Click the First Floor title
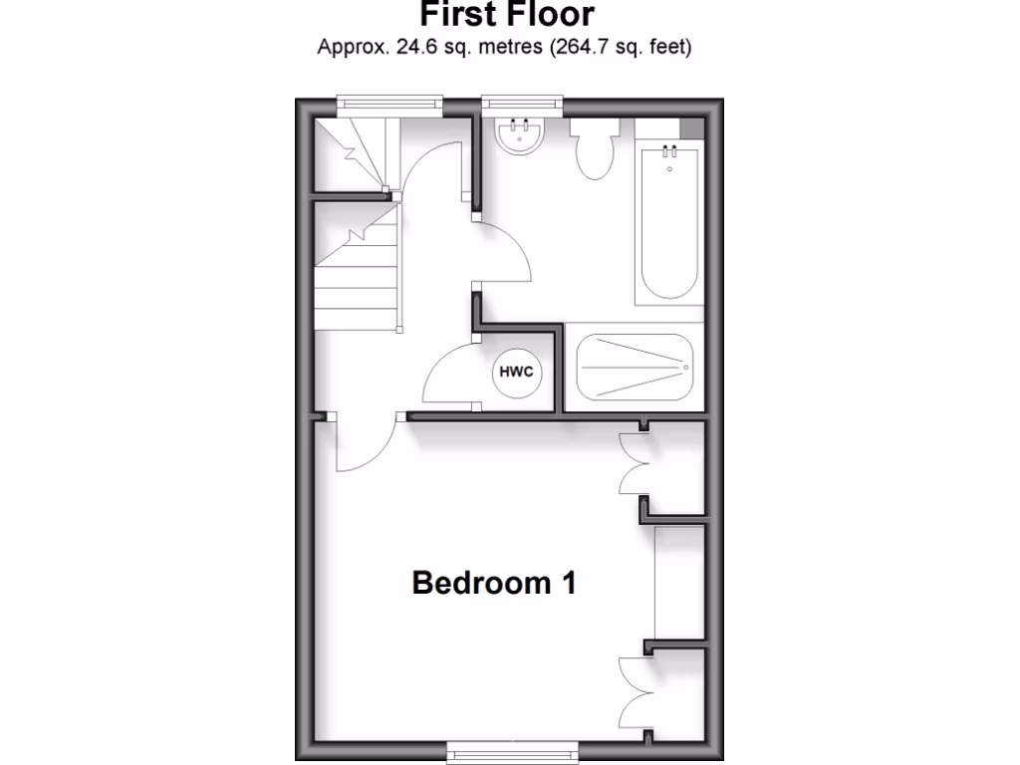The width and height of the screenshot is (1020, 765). click(507, 14)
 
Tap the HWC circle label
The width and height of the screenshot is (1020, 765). click(516, 373)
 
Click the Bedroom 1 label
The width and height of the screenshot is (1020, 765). click(494, 582)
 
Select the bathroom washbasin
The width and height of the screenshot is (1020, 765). click(520, 135)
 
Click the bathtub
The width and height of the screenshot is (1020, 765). click(669, 224)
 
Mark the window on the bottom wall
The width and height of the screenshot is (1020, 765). click(510, 748)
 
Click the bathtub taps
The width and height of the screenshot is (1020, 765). click(669, 152)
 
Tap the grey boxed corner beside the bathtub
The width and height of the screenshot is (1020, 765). click(690, 127)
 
